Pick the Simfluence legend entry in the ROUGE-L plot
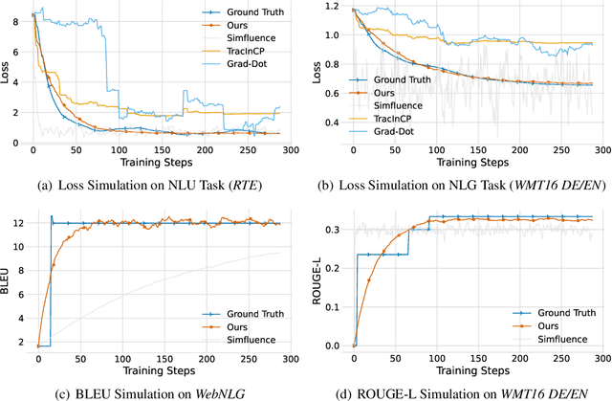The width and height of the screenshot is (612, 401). coord(565,339)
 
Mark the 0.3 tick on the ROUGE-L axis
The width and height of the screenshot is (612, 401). coord(336,230)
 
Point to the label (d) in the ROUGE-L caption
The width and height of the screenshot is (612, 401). coord(373,391)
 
